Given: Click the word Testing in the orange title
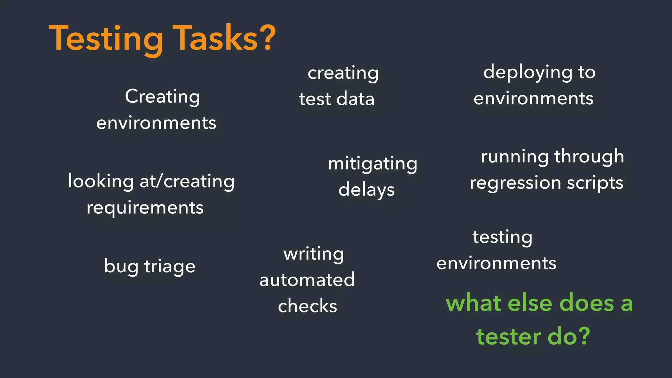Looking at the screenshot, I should tap(106, 39).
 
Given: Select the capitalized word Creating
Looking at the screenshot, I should tap(162, 97).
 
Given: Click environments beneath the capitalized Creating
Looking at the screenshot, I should tap(156, 123).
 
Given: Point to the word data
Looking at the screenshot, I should tap(355, 99).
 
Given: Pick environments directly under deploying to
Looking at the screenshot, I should tap(534, 98).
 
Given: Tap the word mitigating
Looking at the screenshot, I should tap(373, 164).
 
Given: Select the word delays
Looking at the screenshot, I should tap(367, 190).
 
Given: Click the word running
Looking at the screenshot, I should tap(515, 157).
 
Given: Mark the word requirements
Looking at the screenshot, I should tap(145, 208).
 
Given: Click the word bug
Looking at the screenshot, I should tap(121, 266).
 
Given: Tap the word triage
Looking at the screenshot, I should tap(170, 266).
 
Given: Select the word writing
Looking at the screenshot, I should tap(314, 254).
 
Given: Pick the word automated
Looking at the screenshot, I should tap(307, 280).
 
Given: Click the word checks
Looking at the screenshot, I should tap(307, 306).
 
